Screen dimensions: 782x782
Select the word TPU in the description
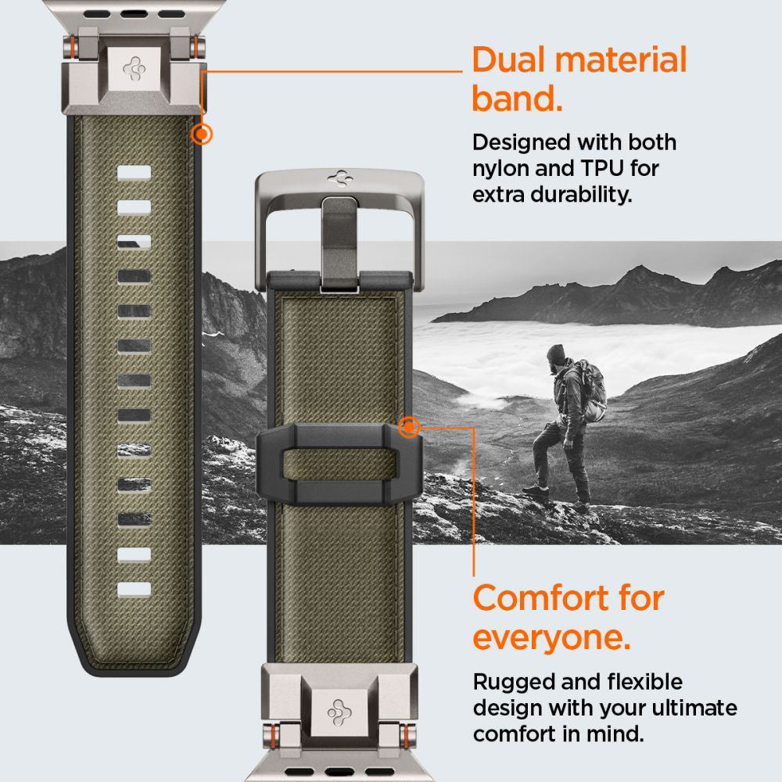pyautogui.click(x=607, y=168)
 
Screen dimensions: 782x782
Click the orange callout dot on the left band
pyautogui.click(x=202, y=135)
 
